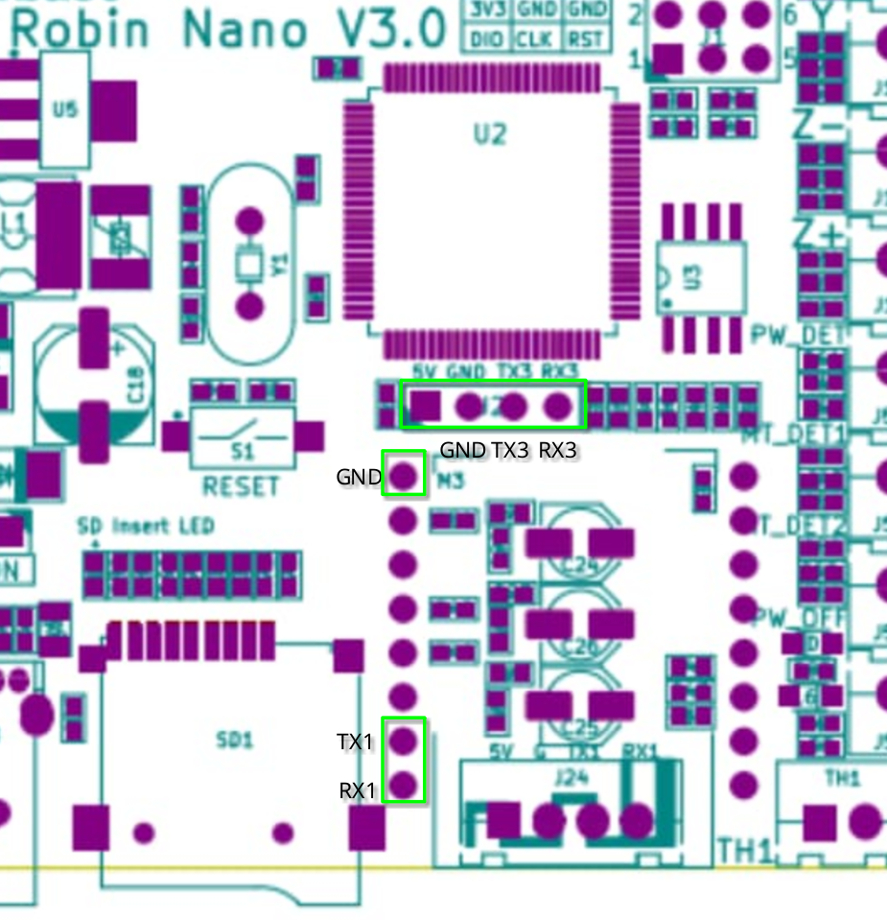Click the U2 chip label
[x=489, y=134]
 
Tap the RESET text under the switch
[x=242, y=486]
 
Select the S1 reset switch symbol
[x=244, y=437]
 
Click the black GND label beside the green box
[x=359, y=477]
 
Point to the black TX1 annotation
[x=355, y=742]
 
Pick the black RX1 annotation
[x=357, y=790]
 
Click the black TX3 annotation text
[x=510, y=450]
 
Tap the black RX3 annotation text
[x=558, y=450]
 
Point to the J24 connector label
[x=571, y=779]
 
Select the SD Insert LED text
[x=146, y=526]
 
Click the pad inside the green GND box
[x=404, y=473]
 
